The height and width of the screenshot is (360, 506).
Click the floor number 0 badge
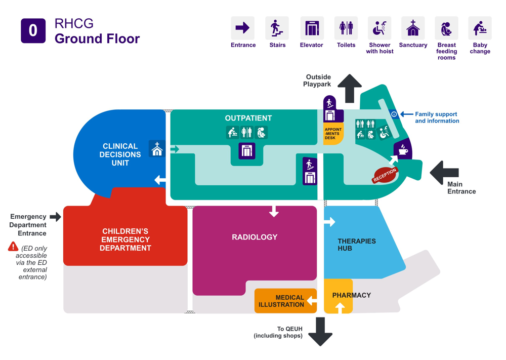pyautogui.click(x=33, y=30)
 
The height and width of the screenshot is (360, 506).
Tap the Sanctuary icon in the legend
pyautogui.click(x=413, y=28)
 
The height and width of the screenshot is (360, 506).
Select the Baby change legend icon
pyautogui.click(x=479, y=28)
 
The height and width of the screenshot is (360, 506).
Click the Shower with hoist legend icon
pyautogui.click(x=379, y=28)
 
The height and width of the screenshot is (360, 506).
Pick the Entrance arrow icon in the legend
pyautogui.click(x=243, y=28)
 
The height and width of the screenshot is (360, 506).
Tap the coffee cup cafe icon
pyautogui.click(x=403, y=150)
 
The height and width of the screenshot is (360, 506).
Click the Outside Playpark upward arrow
pyautogui.click(x=350, y=88)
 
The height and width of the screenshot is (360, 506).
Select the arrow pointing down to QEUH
pyautogui.click(x=320, y=331)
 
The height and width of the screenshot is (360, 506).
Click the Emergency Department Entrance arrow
pyautogui.click(x=56, y=217)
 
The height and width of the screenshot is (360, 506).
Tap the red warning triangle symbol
pyautogui.click(x=13, y=247)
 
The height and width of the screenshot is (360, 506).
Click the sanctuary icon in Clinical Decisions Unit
pyautogui.click(x=157, y=149)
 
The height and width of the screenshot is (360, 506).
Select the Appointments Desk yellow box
pyautogui.click(x=333, y=134)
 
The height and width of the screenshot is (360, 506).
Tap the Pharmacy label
pyautogui.click(x=352, y=295)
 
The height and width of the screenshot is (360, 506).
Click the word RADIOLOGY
pyautogui.click(x=255, y=237)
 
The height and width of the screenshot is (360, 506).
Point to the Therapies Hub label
pyautogui.click(x=357, y=245)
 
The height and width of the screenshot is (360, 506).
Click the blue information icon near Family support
pyautogui.click(x=394, y=114)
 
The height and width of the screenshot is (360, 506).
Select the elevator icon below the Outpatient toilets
pyautogui.click(x=247, y=150)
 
